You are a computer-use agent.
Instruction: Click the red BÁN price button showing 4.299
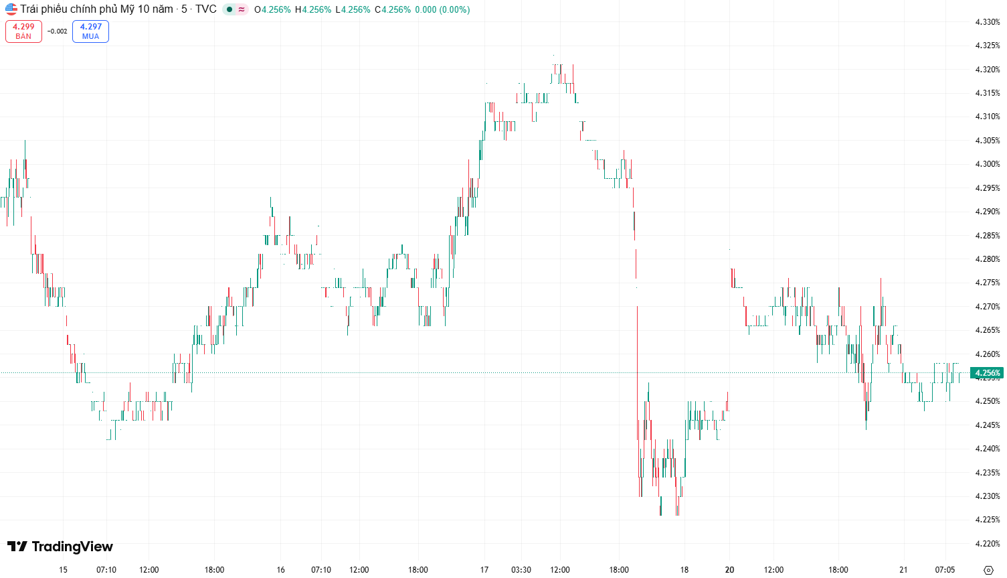(23, 31)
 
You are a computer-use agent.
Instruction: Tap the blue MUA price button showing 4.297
(90, 31)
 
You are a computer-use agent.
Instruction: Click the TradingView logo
(60, 547)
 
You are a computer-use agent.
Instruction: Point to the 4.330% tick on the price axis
(987, 22)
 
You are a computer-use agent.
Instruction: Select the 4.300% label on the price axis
(987, 164)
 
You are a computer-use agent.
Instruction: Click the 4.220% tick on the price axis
(987, 544)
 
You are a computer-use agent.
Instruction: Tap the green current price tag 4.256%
(987, 373)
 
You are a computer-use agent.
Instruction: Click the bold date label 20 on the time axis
(729, 570)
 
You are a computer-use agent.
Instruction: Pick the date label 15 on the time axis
(63, 570)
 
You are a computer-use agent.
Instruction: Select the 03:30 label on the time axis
(521, 570)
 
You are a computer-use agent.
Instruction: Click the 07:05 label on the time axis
(945, 570)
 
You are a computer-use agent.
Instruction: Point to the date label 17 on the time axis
(484, 570)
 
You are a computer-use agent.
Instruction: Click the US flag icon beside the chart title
(11, 9)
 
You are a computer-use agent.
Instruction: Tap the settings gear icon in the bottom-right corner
(988, 570)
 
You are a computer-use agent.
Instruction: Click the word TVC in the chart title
(206, 9)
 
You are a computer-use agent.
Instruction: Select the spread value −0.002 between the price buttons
(58, 31)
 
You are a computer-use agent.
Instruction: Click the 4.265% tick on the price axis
(987, 330)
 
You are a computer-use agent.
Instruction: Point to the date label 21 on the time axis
(903, 570)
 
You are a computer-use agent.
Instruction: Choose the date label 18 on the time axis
(684, 570)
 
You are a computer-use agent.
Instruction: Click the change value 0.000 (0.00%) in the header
(442, 9)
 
